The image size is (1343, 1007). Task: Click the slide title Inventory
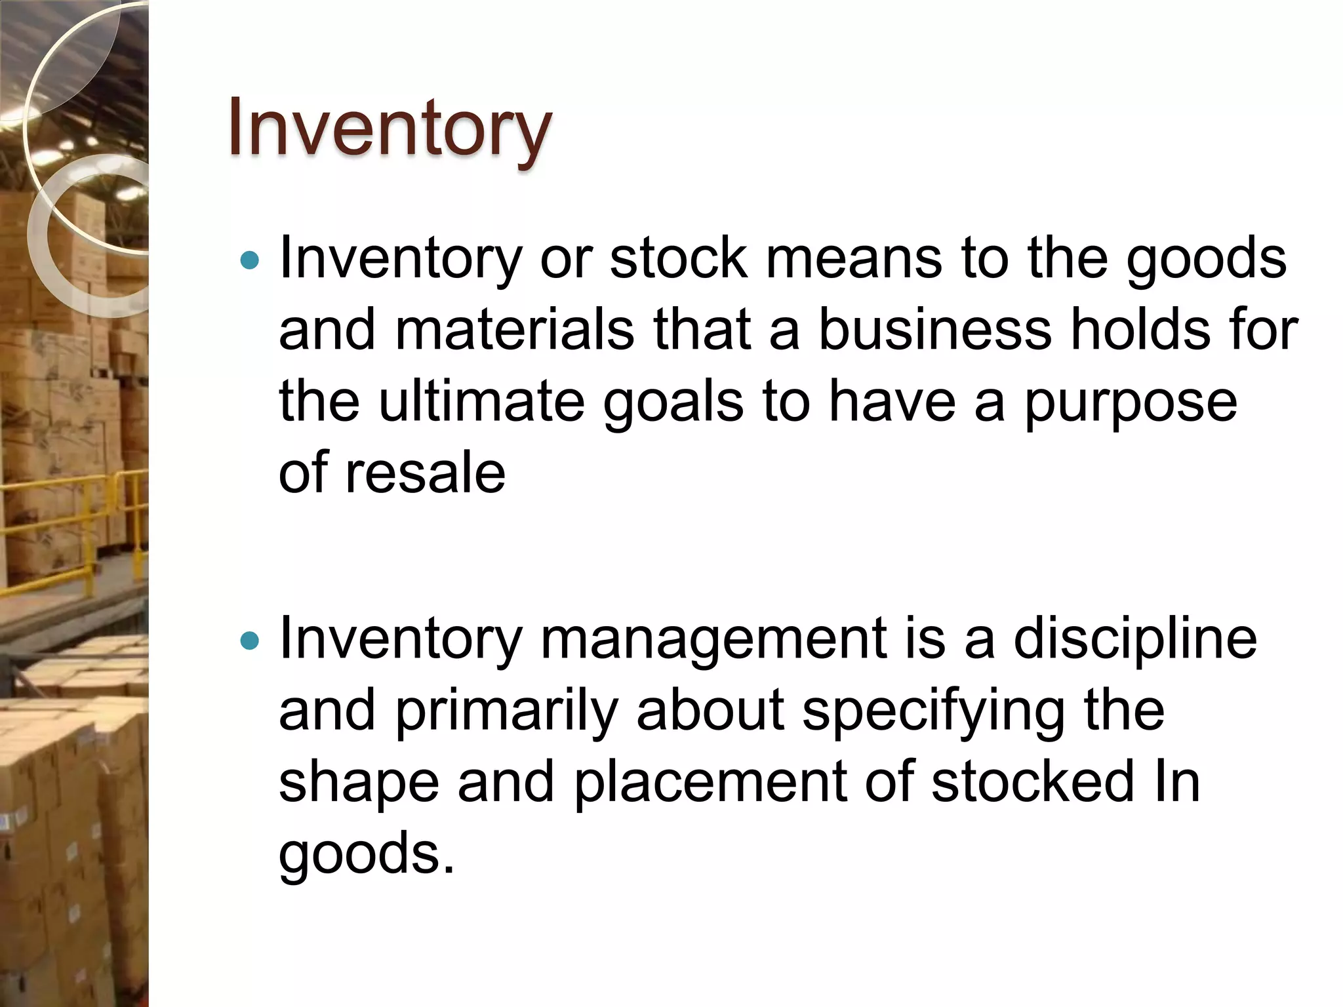tap(390, 128)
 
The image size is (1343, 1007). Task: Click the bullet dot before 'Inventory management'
tap(250, 641)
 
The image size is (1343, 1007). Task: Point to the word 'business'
tap(935, 330)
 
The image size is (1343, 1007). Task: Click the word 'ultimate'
tap(482, 401)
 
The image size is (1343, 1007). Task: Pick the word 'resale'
tap(425, 473)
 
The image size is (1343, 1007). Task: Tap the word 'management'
tap(713, 639)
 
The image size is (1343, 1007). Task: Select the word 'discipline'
tap(1135, 639)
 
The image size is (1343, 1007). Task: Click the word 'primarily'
tap(507, 711)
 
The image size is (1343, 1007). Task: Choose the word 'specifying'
tap(934, 711)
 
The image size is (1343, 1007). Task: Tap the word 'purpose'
tap(1131, 401)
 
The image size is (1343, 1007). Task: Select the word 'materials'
tap(515, 330)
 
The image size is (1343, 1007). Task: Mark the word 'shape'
tap(359, 782)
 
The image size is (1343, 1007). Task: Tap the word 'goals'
tap(673, 401)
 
